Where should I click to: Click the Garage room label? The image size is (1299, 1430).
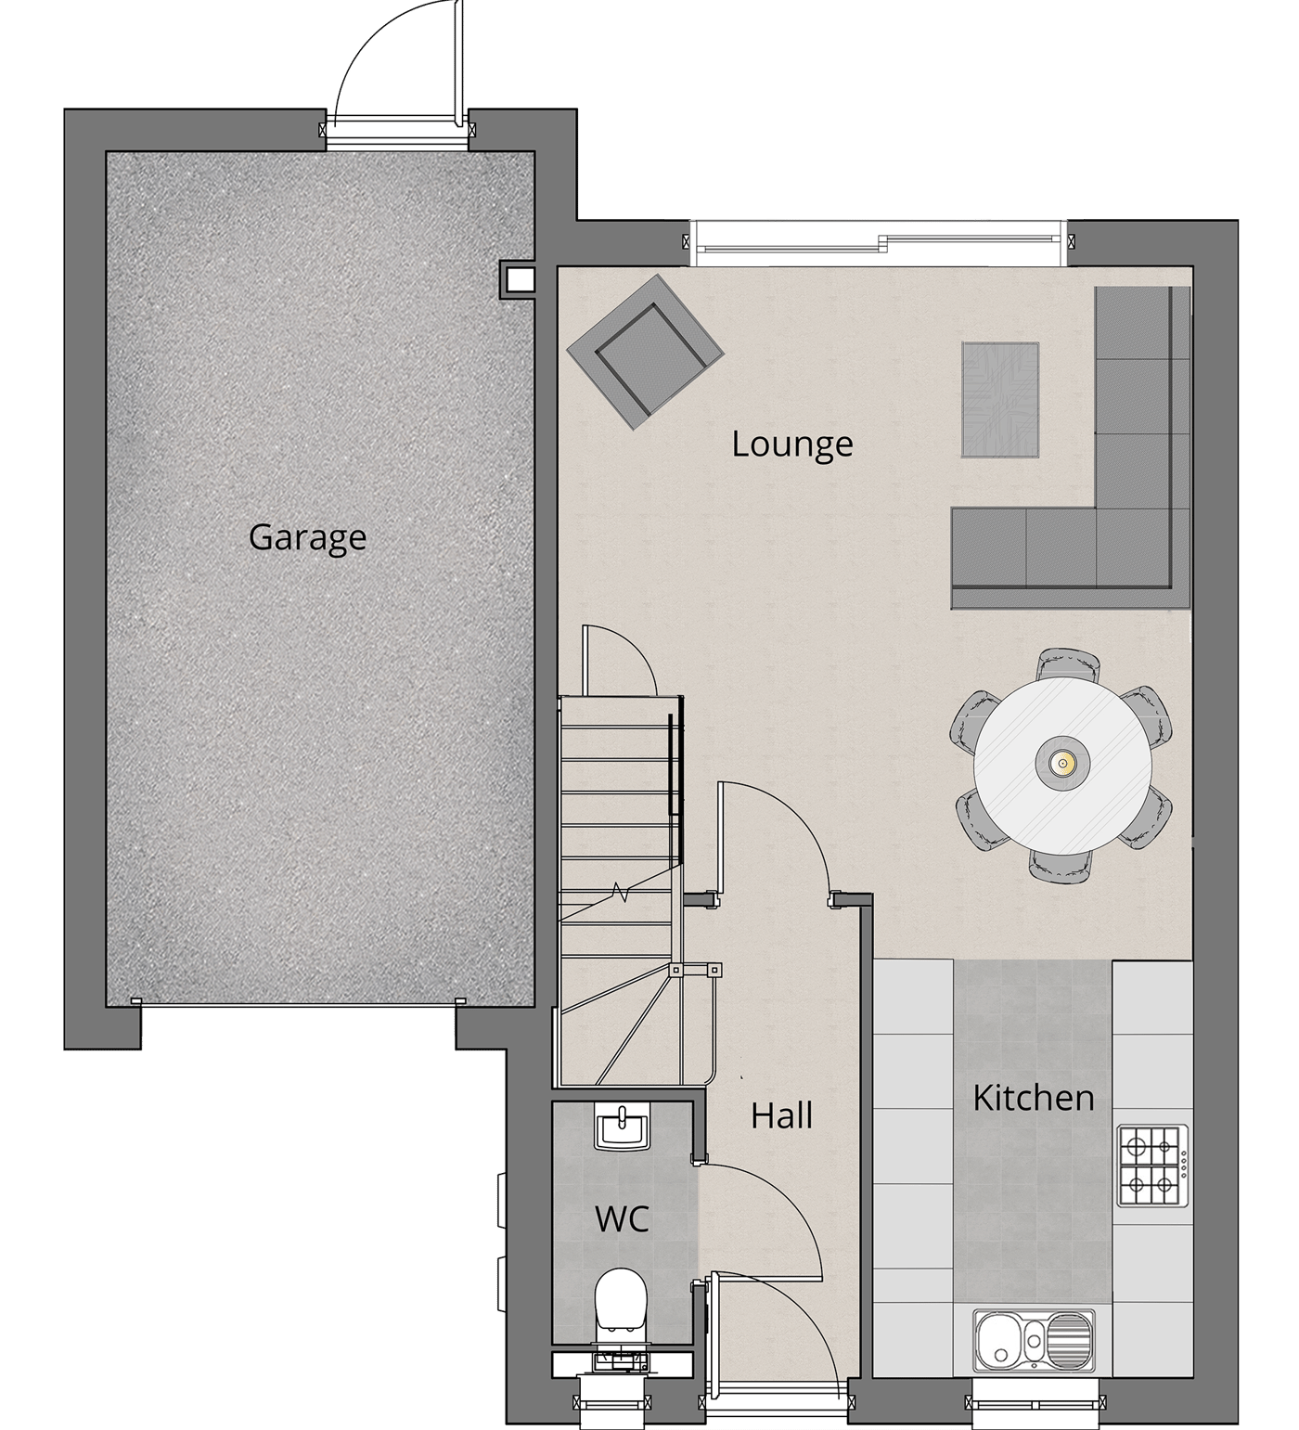click(x=307, y=538)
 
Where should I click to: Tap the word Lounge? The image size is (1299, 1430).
click(x=791, y=444)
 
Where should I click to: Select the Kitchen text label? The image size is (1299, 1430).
click(x=1034, y=1098)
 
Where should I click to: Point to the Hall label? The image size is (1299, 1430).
click(x=782, y=1115)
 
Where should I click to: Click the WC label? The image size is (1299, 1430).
click(x=622, y=1219)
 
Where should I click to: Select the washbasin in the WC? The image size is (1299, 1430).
click(x=623, y=1127)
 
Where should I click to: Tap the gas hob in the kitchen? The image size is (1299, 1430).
click(x=1151, y=1166)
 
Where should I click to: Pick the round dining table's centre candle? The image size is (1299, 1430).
click(x=1062, y=764)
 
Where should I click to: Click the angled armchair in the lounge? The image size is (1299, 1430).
click(x=645, y=353)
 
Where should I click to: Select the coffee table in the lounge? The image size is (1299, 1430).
click(x=1000, y=400)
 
